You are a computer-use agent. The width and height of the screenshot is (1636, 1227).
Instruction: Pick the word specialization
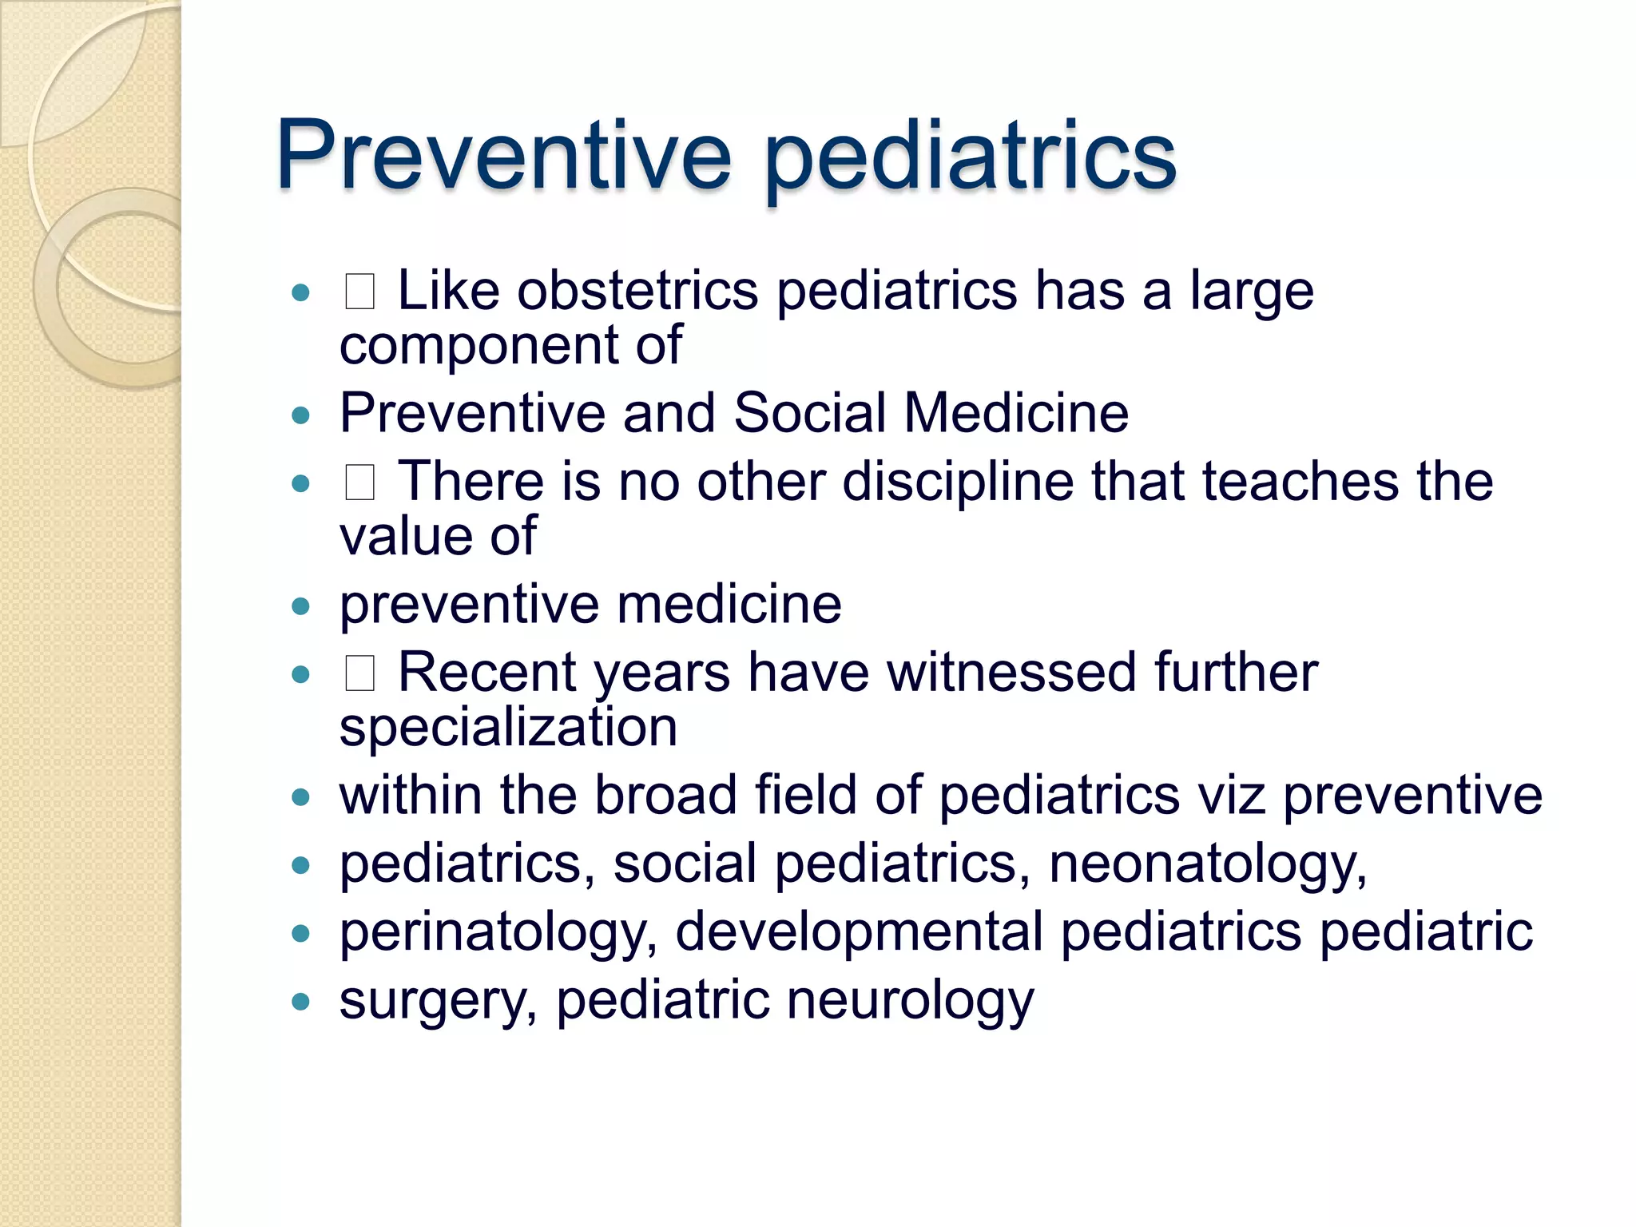click(508, 727)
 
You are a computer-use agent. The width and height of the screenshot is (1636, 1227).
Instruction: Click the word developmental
click(859, 931)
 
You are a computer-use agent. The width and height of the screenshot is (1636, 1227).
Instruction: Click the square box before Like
click(359, 292)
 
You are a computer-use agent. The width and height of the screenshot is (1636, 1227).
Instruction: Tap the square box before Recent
click(359, 673)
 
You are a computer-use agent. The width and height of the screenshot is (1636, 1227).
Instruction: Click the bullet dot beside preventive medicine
click(300, 606)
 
